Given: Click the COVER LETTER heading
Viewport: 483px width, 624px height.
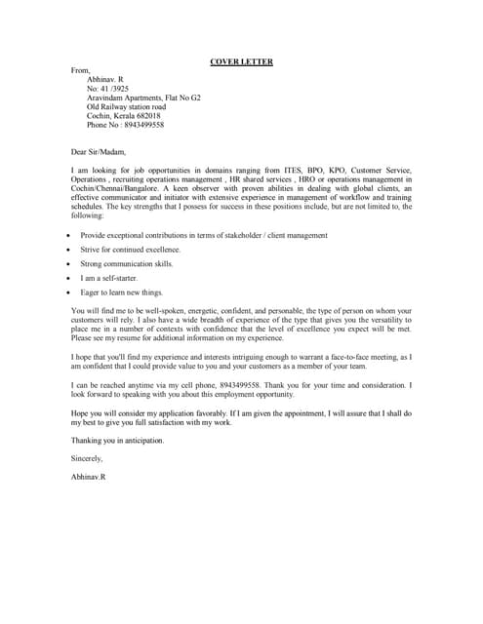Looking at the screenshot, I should tap(241, 62).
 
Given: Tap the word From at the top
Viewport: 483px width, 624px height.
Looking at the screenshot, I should tap(81, 71).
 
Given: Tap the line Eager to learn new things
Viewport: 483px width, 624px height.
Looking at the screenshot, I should tap(122, 292).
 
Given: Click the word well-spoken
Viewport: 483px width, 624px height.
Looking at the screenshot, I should tap(174, 311).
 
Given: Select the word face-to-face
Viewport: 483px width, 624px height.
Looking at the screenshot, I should tap(354, 356).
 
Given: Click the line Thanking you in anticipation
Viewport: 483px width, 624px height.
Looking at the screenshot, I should tap(117, 440).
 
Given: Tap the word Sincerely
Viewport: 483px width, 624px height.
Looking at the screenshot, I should tap(87, 457).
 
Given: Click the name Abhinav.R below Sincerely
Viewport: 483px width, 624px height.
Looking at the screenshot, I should tap(89, 476).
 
